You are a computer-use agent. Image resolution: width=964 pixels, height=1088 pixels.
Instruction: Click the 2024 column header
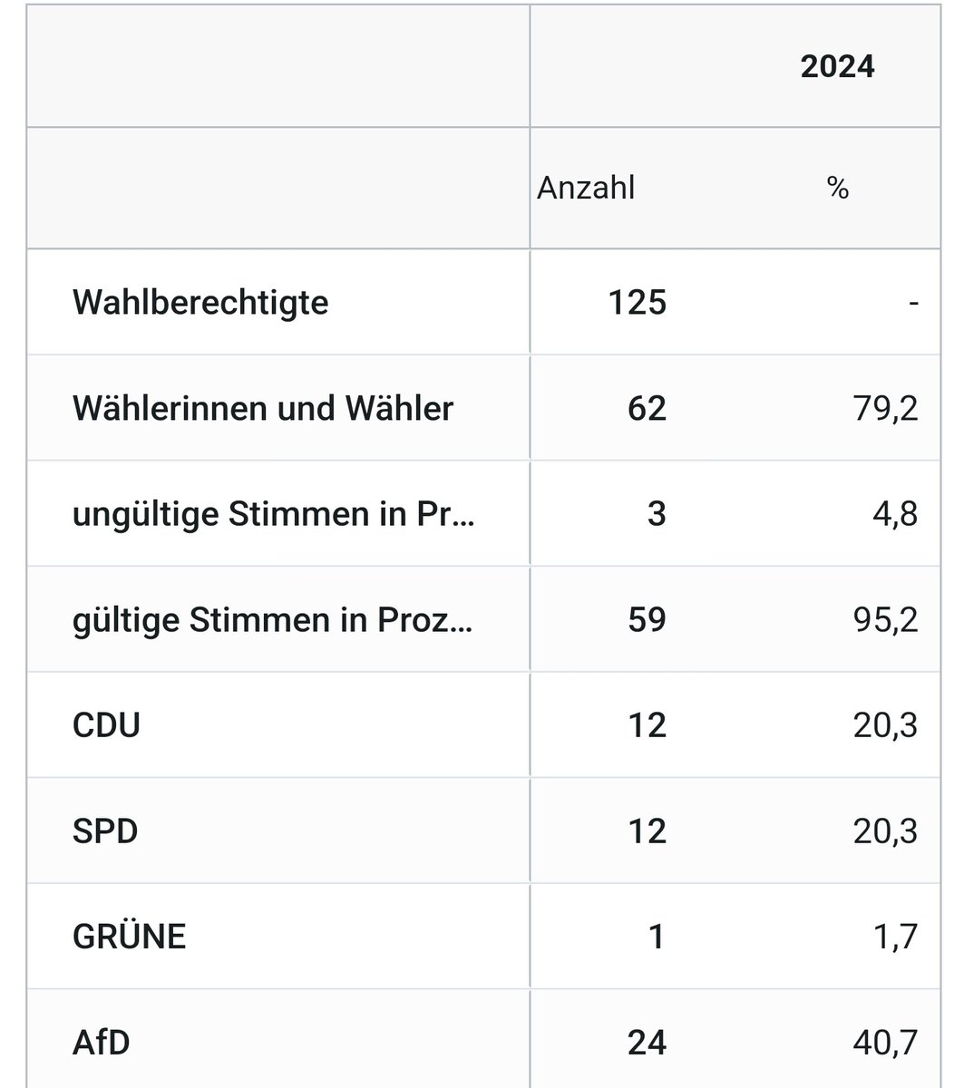point(837,67)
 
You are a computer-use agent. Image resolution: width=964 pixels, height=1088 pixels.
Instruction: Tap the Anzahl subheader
point(586,188)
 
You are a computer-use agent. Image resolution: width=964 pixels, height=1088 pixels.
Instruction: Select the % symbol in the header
point(838,189)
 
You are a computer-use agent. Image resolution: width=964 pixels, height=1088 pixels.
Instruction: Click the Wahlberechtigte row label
point(200,302)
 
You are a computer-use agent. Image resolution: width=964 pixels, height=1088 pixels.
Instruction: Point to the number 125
point(638,302)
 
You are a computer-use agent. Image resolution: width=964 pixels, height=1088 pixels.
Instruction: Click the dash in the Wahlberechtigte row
point(913,302)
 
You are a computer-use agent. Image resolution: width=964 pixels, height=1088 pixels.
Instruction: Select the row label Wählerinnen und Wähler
point(263,408)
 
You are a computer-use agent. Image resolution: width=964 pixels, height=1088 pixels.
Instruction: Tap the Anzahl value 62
point(647,408)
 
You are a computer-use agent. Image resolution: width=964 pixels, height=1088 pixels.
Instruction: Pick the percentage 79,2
point(885,408)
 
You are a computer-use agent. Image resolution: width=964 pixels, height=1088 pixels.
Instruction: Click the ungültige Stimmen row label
point(273,514)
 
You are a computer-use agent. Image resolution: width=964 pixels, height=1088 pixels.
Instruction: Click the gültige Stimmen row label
point(273,620)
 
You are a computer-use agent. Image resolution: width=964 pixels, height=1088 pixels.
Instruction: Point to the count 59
point(647,620)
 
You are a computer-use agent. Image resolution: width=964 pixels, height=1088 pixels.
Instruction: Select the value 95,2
point(885,620)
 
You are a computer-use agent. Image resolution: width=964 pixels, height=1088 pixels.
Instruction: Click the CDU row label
point(106,725)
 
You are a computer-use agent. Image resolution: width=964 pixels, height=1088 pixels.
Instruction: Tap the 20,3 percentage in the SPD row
point(885,831)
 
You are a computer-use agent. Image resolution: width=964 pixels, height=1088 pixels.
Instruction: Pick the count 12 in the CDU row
point(647,725)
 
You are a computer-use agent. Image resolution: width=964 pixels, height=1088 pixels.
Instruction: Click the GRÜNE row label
point(129,937)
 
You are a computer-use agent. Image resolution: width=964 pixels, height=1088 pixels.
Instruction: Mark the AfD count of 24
point(647,1043)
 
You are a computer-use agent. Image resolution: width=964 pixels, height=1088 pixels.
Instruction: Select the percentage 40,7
point(885,1043)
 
